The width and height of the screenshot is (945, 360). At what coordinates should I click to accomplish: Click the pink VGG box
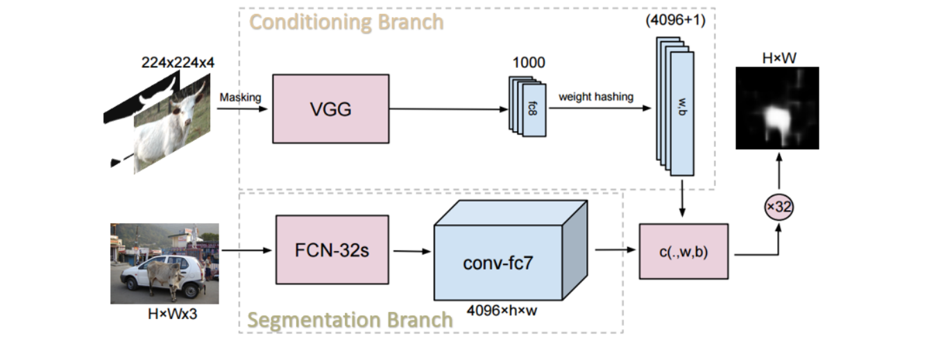pos(331,109)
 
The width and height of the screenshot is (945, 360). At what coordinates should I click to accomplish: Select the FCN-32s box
pos(332,250)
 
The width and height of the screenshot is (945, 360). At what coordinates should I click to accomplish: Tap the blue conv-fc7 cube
pos(511,250)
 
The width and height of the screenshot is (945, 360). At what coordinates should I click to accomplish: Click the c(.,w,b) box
pos(683,251)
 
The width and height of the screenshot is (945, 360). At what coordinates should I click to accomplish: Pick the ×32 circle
pos(778,207)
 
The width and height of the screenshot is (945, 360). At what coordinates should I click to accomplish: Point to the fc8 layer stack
pos(527,106)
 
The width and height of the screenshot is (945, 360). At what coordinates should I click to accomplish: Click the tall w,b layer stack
pos(675,106)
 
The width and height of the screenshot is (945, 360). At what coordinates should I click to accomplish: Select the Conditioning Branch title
pos(346,22)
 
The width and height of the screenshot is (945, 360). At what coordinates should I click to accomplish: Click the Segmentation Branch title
pos(350,320)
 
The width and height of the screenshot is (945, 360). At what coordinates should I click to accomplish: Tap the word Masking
pos(241,97)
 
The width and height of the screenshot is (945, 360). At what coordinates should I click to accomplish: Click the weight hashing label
pos(596,97)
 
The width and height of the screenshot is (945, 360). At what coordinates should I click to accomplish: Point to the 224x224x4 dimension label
pos(178,62)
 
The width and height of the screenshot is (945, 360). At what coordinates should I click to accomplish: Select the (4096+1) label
pos(675,20)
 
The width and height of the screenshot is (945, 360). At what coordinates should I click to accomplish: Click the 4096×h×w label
pos(502,311)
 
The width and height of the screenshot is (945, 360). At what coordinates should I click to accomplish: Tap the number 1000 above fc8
pos(529,62)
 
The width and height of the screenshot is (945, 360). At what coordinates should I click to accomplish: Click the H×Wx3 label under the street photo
pos(172,314)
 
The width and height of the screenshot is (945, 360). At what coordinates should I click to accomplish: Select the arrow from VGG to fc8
pos(449,109)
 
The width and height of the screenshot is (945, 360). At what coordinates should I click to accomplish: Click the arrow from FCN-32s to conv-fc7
pos(412,251)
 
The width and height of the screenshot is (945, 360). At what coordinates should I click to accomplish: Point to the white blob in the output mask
pos(776,120)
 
